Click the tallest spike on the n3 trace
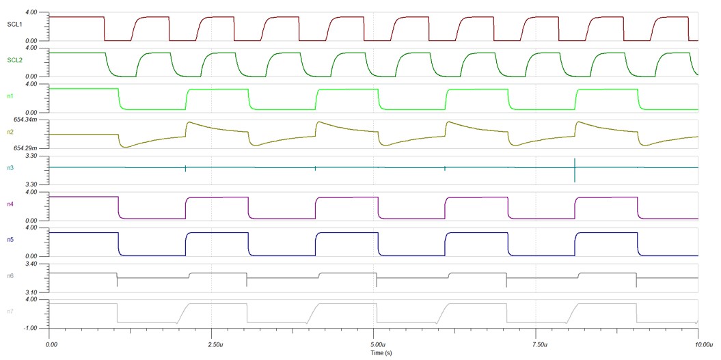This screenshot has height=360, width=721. [575, 169]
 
